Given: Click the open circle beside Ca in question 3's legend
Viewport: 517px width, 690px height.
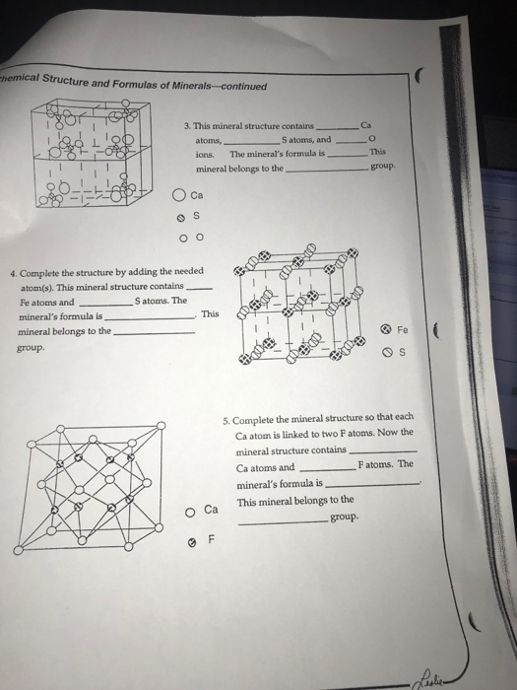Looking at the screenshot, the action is tap(178, 193).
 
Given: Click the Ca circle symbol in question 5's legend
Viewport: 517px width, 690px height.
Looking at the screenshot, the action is tap(189, 511).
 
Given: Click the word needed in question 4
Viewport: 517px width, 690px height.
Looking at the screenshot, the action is tap(184, 271).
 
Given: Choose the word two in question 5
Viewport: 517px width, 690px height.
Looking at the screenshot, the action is tap(349, 433).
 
